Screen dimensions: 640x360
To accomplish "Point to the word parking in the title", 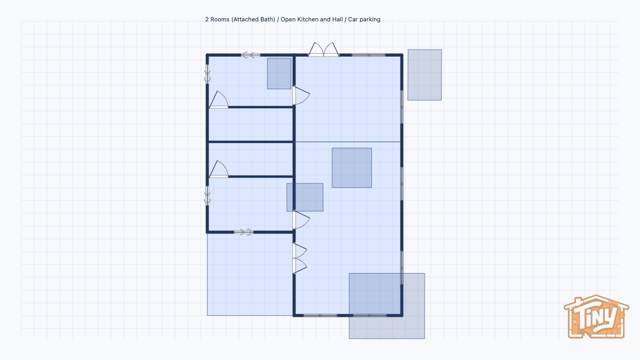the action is tap(370, 19).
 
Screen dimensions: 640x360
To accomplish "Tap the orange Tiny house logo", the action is tap(596, 317).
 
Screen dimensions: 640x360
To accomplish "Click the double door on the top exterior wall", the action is tap(323, 50).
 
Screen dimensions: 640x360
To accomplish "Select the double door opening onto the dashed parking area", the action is tap(299, 258).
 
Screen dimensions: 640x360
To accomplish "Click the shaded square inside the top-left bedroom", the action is tap(279, 74).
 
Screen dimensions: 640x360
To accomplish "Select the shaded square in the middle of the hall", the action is tap(351, 167).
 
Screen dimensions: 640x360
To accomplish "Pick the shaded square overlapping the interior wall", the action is tap(305, 197).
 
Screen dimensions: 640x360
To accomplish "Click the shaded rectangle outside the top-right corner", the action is tap(425, 75).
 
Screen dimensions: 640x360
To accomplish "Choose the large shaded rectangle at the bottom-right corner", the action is tap(387, 306).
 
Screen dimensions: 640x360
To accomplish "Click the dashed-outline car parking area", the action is tap(250, 275).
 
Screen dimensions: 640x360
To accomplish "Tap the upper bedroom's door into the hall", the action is tap(301, 95).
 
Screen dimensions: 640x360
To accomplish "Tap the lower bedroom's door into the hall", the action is tap(301, 220).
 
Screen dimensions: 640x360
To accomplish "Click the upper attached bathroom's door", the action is tap(219, 100).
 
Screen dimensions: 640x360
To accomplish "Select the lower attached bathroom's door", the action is tap(219, 169).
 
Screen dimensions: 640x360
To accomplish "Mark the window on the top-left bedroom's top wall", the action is tap(251, 55).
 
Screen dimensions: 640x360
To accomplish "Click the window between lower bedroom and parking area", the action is tap(244, 232).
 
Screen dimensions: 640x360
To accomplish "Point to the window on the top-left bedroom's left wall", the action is tap(207, 74).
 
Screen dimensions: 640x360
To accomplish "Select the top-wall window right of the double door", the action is tap(369, 55).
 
